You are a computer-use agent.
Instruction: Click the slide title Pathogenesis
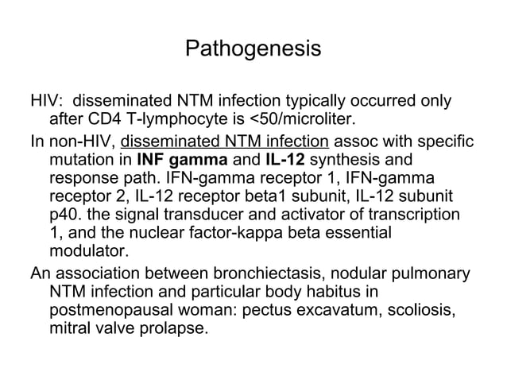(x=253, y=49)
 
